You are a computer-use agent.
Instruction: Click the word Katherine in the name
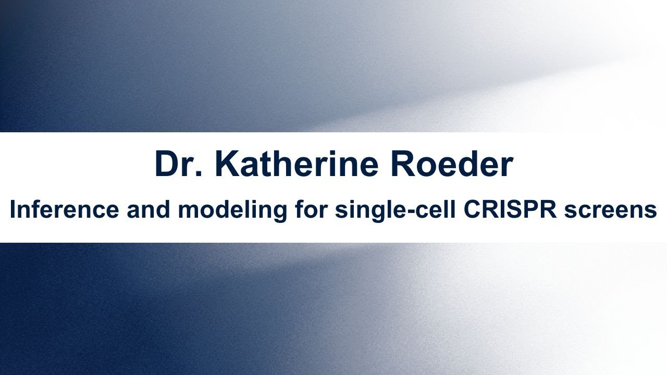[299, 165]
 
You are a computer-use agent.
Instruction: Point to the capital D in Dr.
[167, 165]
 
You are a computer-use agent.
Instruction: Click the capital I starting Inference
[13, 210]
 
